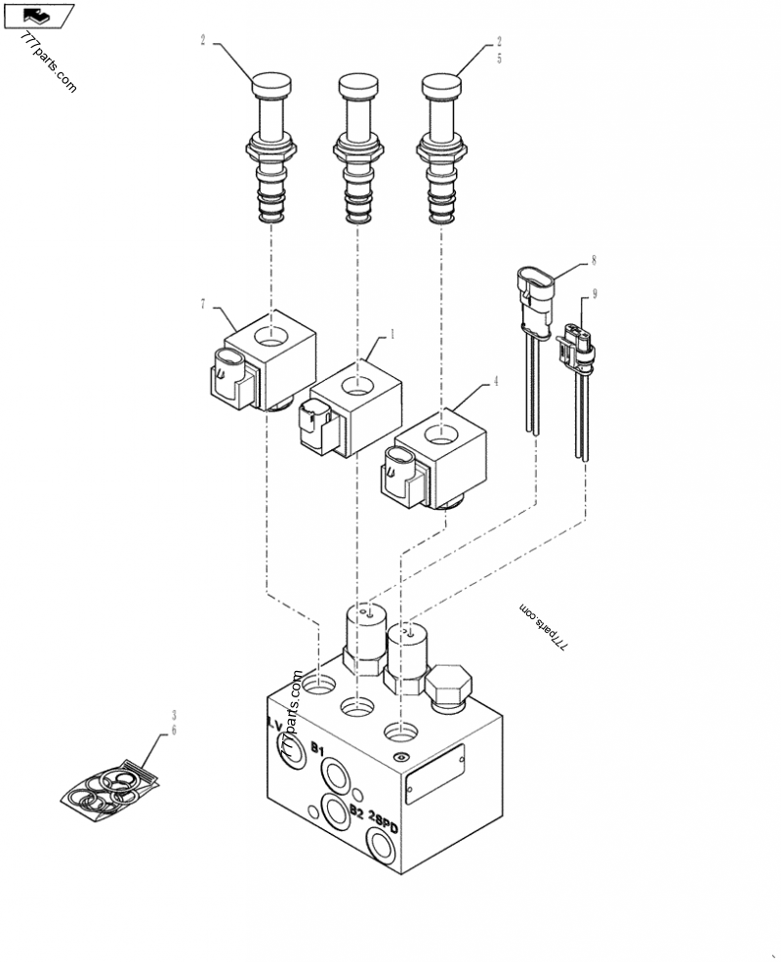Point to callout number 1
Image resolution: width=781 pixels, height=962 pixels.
tap(391, 333)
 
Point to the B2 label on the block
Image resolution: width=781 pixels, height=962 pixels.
tap(356, 812)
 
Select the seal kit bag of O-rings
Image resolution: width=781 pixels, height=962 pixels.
tap(109, 786)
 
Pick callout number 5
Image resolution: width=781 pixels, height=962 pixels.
tap(498, 59)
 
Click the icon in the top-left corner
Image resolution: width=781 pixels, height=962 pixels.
tap(39, 15)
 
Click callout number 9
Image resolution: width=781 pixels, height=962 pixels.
tap(594, 293)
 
